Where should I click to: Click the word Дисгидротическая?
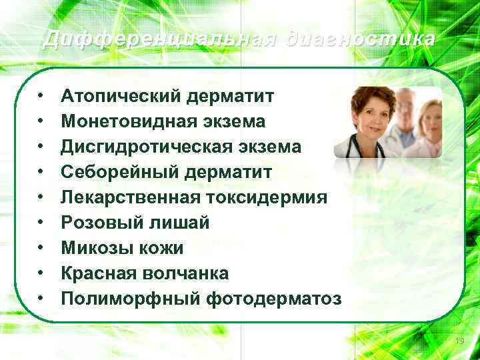tap(143, 147)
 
